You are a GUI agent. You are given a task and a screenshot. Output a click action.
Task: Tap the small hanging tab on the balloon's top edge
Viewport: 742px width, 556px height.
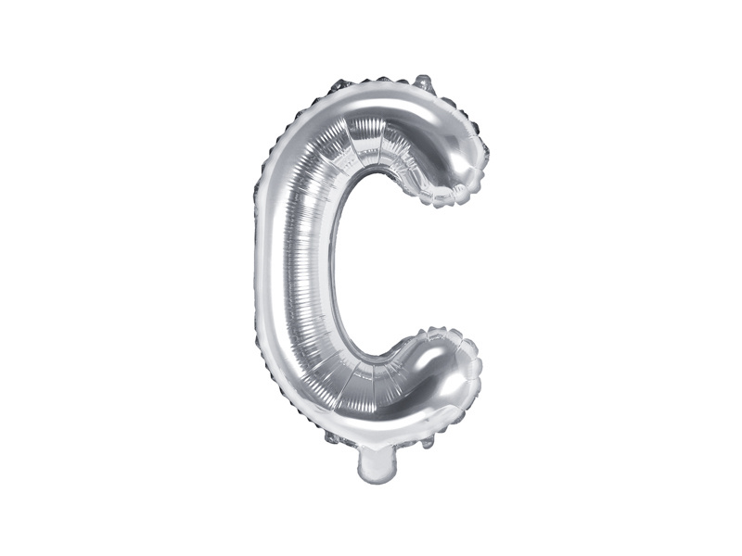424,82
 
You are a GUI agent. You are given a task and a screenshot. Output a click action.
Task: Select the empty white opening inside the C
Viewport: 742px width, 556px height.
390,269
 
